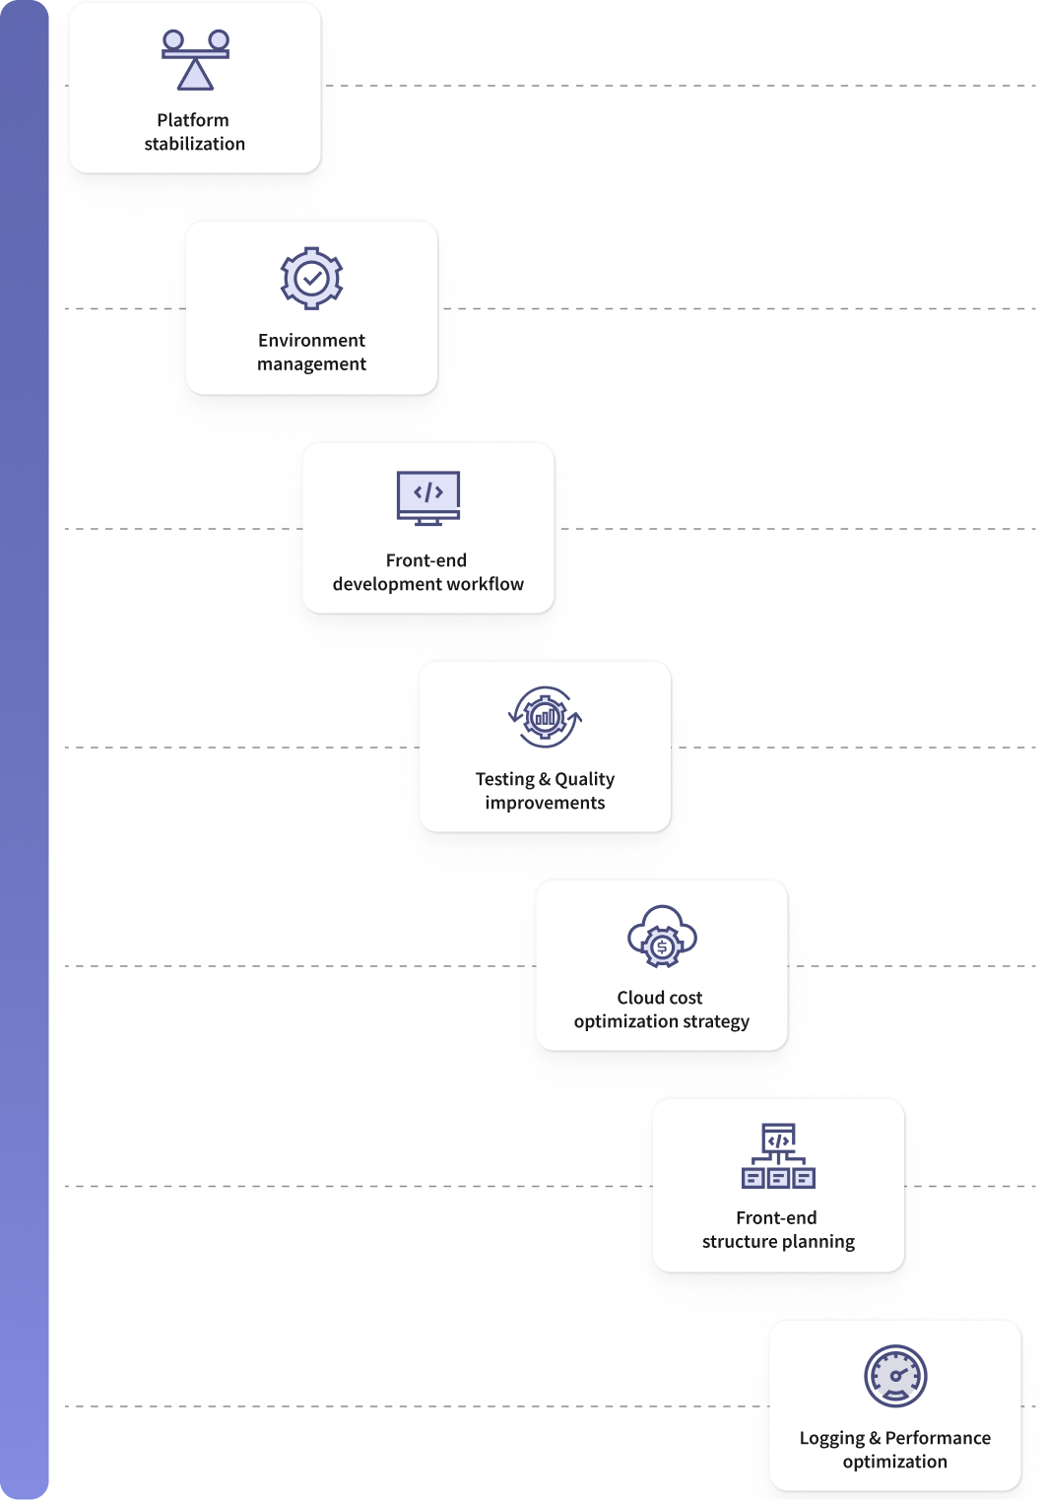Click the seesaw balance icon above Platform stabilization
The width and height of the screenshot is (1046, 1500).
(195, 60)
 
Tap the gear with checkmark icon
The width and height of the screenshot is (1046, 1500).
(311, 278)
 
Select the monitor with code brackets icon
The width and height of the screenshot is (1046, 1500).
(427, 498)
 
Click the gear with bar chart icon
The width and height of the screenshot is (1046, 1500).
(545, 717)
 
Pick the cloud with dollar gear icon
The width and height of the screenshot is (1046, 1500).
(662, 937)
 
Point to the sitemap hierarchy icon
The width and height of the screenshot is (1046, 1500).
(778, 1156)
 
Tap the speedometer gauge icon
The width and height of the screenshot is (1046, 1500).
(895, 1376)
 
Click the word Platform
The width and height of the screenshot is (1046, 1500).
(193, 120)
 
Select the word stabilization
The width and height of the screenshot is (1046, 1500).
(195, 144)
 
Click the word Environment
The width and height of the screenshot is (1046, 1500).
(311, 340)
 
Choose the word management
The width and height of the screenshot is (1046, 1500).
(311, 364)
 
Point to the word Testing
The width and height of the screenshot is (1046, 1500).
(505, 779)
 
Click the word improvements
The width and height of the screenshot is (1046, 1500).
(545, 803)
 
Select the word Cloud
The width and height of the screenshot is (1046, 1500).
(637, 998)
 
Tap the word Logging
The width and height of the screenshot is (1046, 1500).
(831, 1438)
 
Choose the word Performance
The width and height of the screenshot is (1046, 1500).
(938, 1438)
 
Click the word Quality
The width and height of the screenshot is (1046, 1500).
(585, 779)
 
